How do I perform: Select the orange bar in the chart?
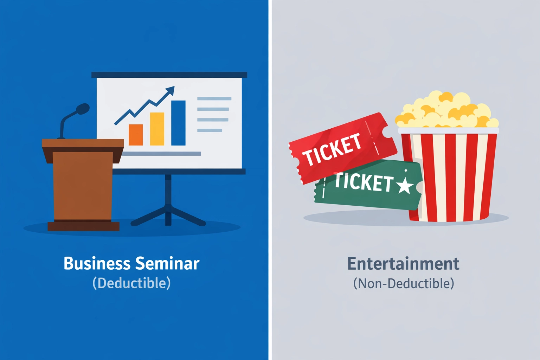click(136, 135)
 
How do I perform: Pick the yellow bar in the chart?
click(157, 129)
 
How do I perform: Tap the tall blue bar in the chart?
click(178, 123)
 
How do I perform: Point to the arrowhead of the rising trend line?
click(171, 90)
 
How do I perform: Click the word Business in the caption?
click(97, 264)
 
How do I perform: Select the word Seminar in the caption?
click(167, 264)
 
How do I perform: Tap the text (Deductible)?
click(131, 283)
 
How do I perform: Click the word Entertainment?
click(403, 264)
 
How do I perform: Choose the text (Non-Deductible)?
click(403, 283)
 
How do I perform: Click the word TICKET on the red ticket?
click(332, 149)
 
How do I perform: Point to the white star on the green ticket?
click(405, 185)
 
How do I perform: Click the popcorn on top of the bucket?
click(446, 111)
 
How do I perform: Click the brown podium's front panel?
click(82, 186)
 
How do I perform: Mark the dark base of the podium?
click(83, 226)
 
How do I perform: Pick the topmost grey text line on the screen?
click(214, 99)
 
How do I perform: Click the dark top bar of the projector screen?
click(169, 75)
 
